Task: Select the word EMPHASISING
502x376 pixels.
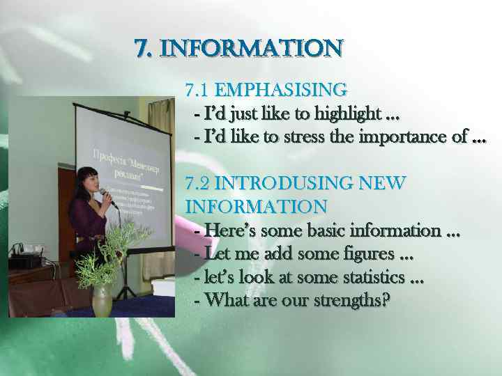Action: coord(281,90)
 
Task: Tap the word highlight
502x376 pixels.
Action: coord(348,113)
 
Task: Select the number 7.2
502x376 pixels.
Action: coord(199,184)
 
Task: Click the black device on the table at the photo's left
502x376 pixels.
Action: coord(24,261)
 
